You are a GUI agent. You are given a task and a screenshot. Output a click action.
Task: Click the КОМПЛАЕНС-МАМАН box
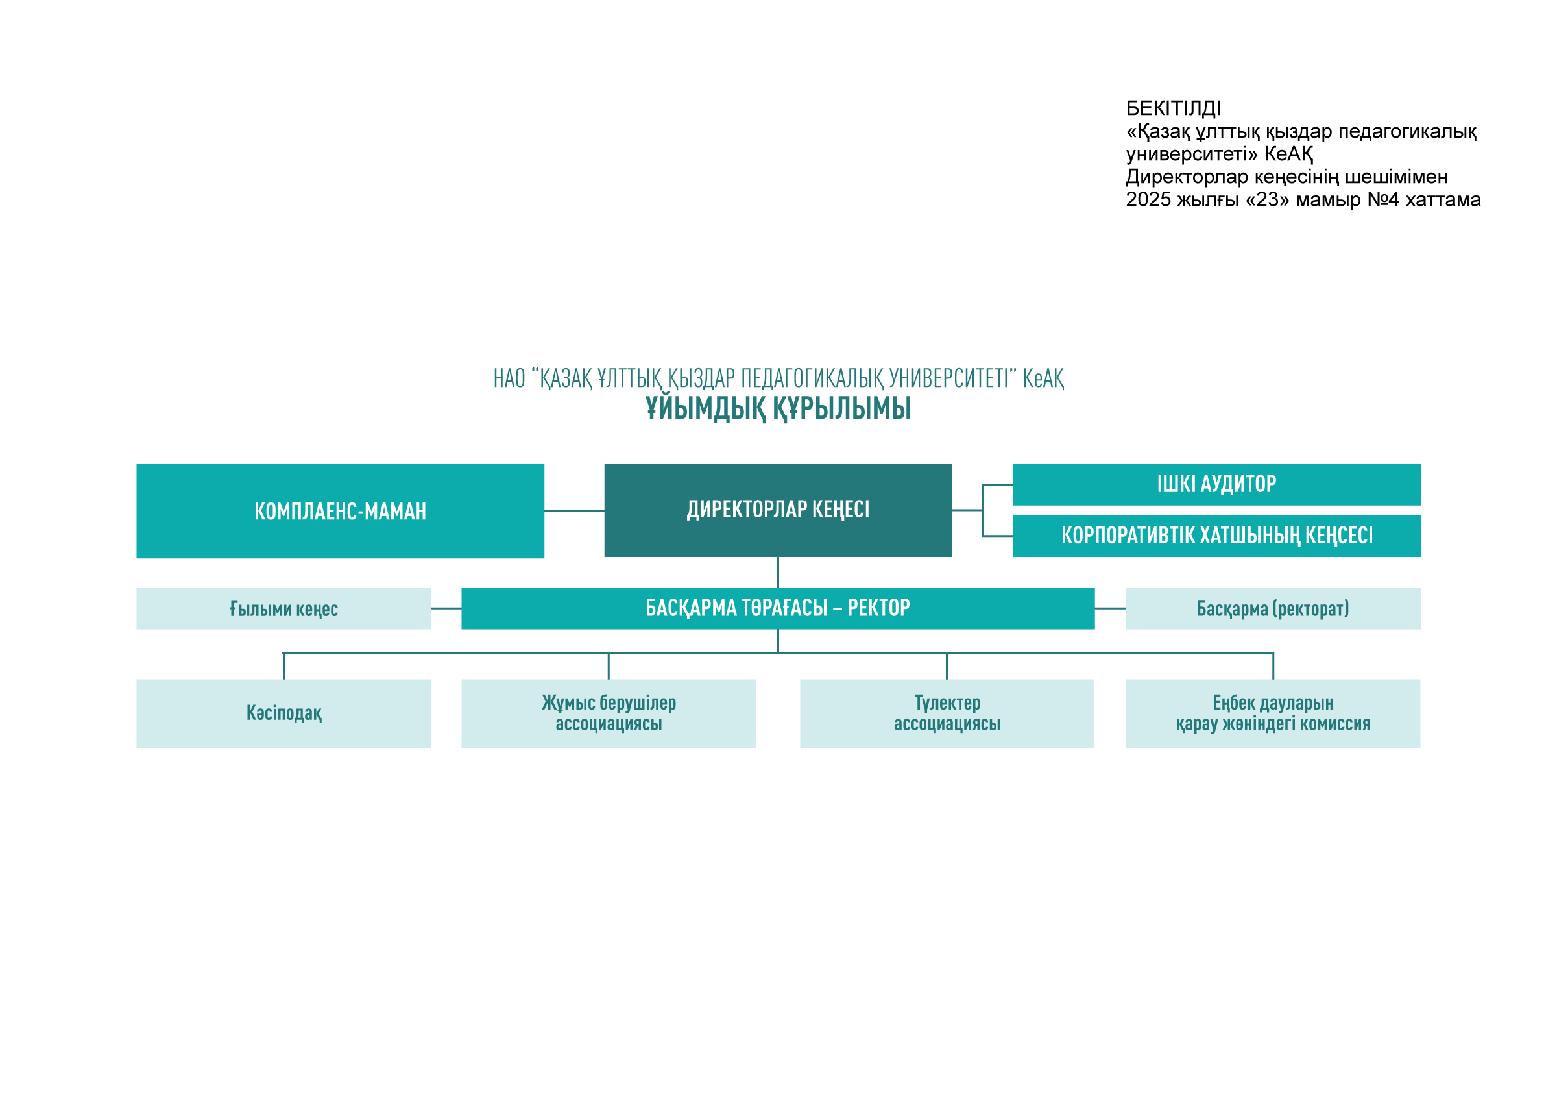click(340, 511)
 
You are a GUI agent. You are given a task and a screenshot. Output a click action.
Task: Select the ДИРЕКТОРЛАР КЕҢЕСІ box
click(778, 510)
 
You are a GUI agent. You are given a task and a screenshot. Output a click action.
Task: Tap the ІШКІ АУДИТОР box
click(1216, 484)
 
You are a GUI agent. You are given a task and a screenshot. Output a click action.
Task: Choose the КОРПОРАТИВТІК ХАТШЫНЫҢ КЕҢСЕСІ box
click(1216, 536)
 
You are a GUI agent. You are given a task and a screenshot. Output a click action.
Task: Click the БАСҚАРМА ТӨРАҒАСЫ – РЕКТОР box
click(778, 608)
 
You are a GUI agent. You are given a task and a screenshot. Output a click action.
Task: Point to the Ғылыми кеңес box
click(284, 608)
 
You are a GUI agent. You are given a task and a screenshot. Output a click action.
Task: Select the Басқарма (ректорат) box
click(1273, 608)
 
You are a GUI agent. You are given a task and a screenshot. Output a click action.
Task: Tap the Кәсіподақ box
click(284, 713)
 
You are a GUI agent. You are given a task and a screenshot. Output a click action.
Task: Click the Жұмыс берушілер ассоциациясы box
click(609, 713)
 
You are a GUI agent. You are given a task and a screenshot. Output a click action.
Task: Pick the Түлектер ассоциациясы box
click(947, 713)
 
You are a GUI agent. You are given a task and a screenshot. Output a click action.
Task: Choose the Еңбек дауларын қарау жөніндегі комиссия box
click(1273, 713)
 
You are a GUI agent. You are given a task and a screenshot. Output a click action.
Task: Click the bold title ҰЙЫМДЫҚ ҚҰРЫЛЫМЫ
click(778, 408)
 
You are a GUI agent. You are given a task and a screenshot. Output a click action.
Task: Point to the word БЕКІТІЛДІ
click(1173, 108)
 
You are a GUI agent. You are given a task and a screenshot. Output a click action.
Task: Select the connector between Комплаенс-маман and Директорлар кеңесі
click(574, 511)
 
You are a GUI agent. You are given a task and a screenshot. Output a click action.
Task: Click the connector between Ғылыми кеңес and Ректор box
click(446, 608)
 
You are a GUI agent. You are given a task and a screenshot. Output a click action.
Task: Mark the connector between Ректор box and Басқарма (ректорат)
click(1110, 608)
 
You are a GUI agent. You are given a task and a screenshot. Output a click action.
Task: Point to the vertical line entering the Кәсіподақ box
click(284, 666)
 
